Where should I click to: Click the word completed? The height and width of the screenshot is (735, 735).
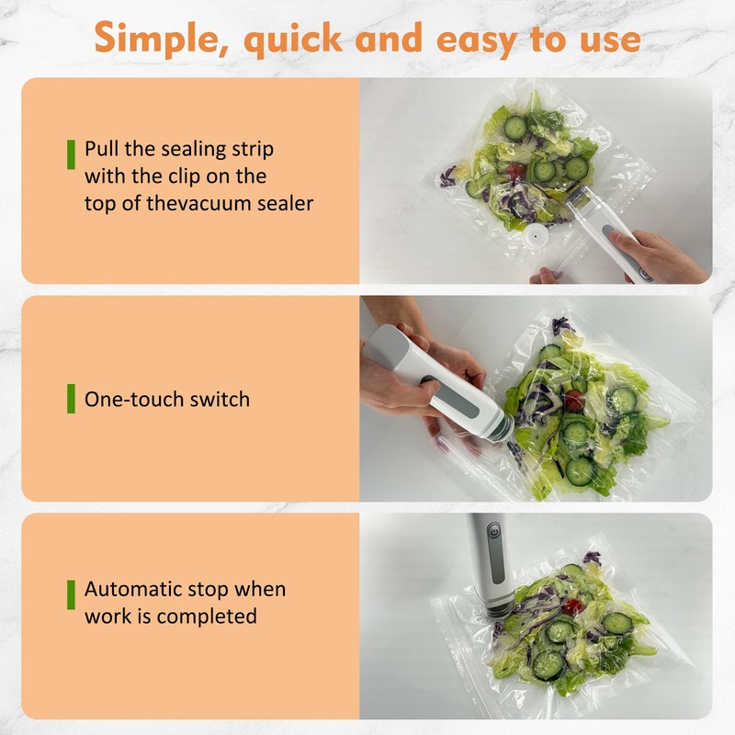tap(207, 616)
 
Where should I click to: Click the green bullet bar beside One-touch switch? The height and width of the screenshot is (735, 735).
tap(71, 399)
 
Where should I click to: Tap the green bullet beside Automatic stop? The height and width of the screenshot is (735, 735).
tap(71, 594)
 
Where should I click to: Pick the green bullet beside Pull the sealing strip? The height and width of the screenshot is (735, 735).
tap(71, 153)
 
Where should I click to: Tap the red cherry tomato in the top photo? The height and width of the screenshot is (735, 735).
tap(515, 171)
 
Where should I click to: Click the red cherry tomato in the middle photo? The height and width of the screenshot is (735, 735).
tap(574, 400)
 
